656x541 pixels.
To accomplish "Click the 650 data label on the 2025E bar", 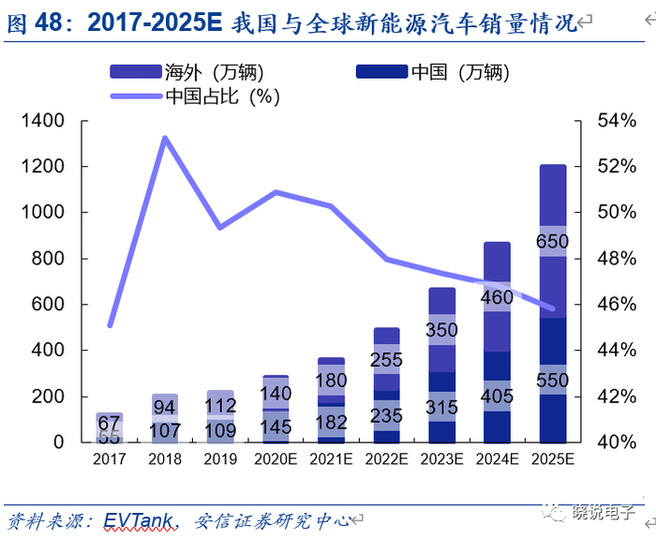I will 553,241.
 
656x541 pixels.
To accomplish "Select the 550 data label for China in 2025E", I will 553,381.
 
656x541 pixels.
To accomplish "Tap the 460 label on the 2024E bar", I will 498,298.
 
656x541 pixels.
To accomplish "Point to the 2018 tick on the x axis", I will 164,459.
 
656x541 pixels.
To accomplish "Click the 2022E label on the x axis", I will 386,459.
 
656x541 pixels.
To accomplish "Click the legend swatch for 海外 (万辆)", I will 137,72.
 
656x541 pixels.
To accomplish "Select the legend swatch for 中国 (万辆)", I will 382,72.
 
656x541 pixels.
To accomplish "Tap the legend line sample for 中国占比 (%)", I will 137,96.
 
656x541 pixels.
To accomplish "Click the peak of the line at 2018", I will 165,139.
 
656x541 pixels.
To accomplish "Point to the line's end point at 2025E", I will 553,308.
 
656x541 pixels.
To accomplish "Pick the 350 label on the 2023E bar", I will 442,330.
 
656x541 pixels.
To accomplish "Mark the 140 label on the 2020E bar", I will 276,394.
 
